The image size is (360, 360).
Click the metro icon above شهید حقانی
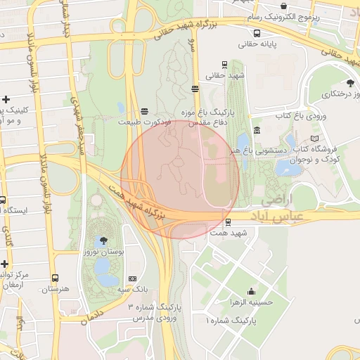(x=224, y=64)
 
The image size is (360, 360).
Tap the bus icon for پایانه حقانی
(x=258, y=33)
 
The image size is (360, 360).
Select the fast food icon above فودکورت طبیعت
(x=144, y=110)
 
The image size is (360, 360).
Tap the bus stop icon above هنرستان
(x=56, y=278)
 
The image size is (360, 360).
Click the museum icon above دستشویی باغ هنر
(x=256, y=129)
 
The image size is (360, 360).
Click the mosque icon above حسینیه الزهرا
(x=251, y=291)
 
